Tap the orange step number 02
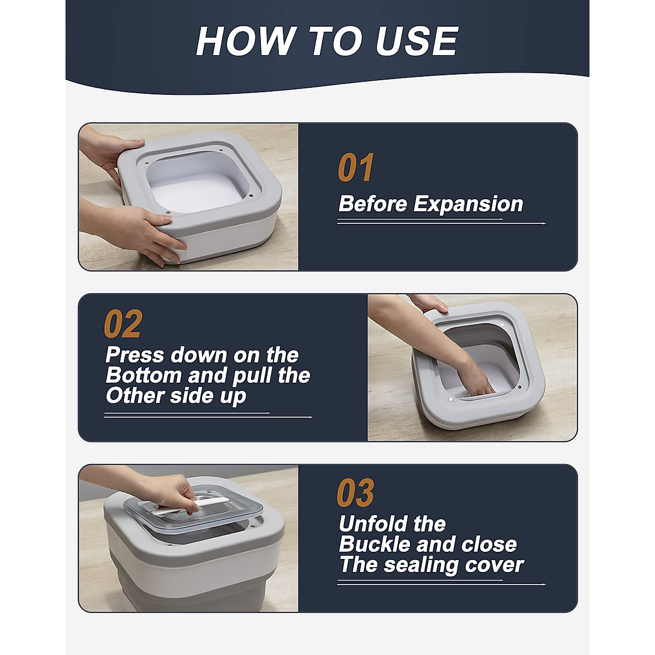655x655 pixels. click(123, 323)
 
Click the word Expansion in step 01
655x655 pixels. click(468, 204)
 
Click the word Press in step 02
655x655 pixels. click(135, 355)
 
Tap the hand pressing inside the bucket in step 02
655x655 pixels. click(475, 378)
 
